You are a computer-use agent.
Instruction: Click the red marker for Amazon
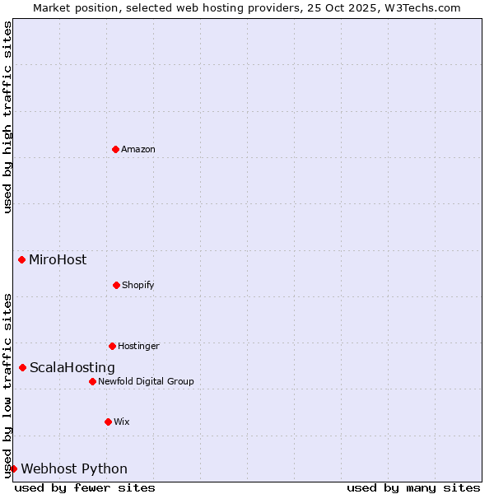click(115, 149)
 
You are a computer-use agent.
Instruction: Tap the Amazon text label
click(138, 150)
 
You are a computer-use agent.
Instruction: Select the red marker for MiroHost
click(21, 260)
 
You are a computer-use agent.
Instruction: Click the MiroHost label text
click(58, 260)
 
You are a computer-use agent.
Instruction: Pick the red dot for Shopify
click(116, 285)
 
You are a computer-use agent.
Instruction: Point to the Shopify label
click(138, 286)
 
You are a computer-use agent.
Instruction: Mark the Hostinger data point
click(112, 346)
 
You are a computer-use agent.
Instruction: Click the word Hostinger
click(138, 347)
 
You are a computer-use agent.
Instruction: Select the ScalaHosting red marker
click(22, 367)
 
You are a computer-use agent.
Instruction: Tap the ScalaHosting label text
click(72, 368)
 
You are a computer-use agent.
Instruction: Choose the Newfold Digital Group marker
click(92, 381)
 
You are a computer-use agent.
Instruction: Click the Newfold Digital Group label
click(146, 382)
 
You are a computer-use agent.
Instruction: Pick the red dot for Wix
click(108, 422)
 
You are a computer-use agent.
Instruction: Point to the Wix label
click(122, 422)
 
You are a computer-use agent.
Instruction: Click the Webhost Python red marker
click(13, 468)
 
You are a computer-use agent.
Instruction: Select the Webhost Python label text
click(74, 469)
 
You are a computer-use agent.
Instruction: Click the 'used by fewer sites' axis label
click(85, 487)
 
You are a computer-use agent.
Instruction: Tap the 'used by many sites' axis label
click(413, 487)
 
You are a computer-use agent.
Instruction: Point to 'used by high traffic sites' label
click(7, 117)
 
